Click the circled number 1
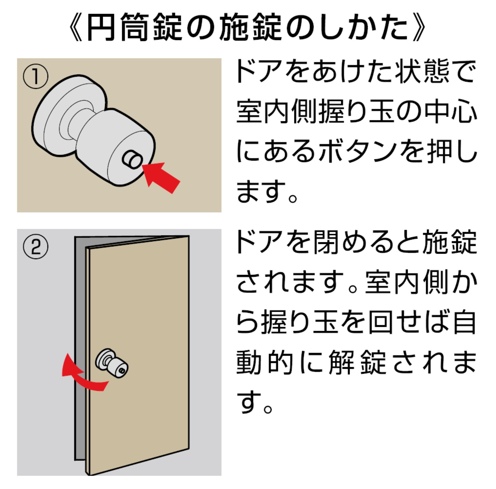coord(35,77)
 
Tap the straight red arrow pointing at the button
coord(161,177)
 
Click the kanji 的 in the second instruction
coord(280,362)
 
